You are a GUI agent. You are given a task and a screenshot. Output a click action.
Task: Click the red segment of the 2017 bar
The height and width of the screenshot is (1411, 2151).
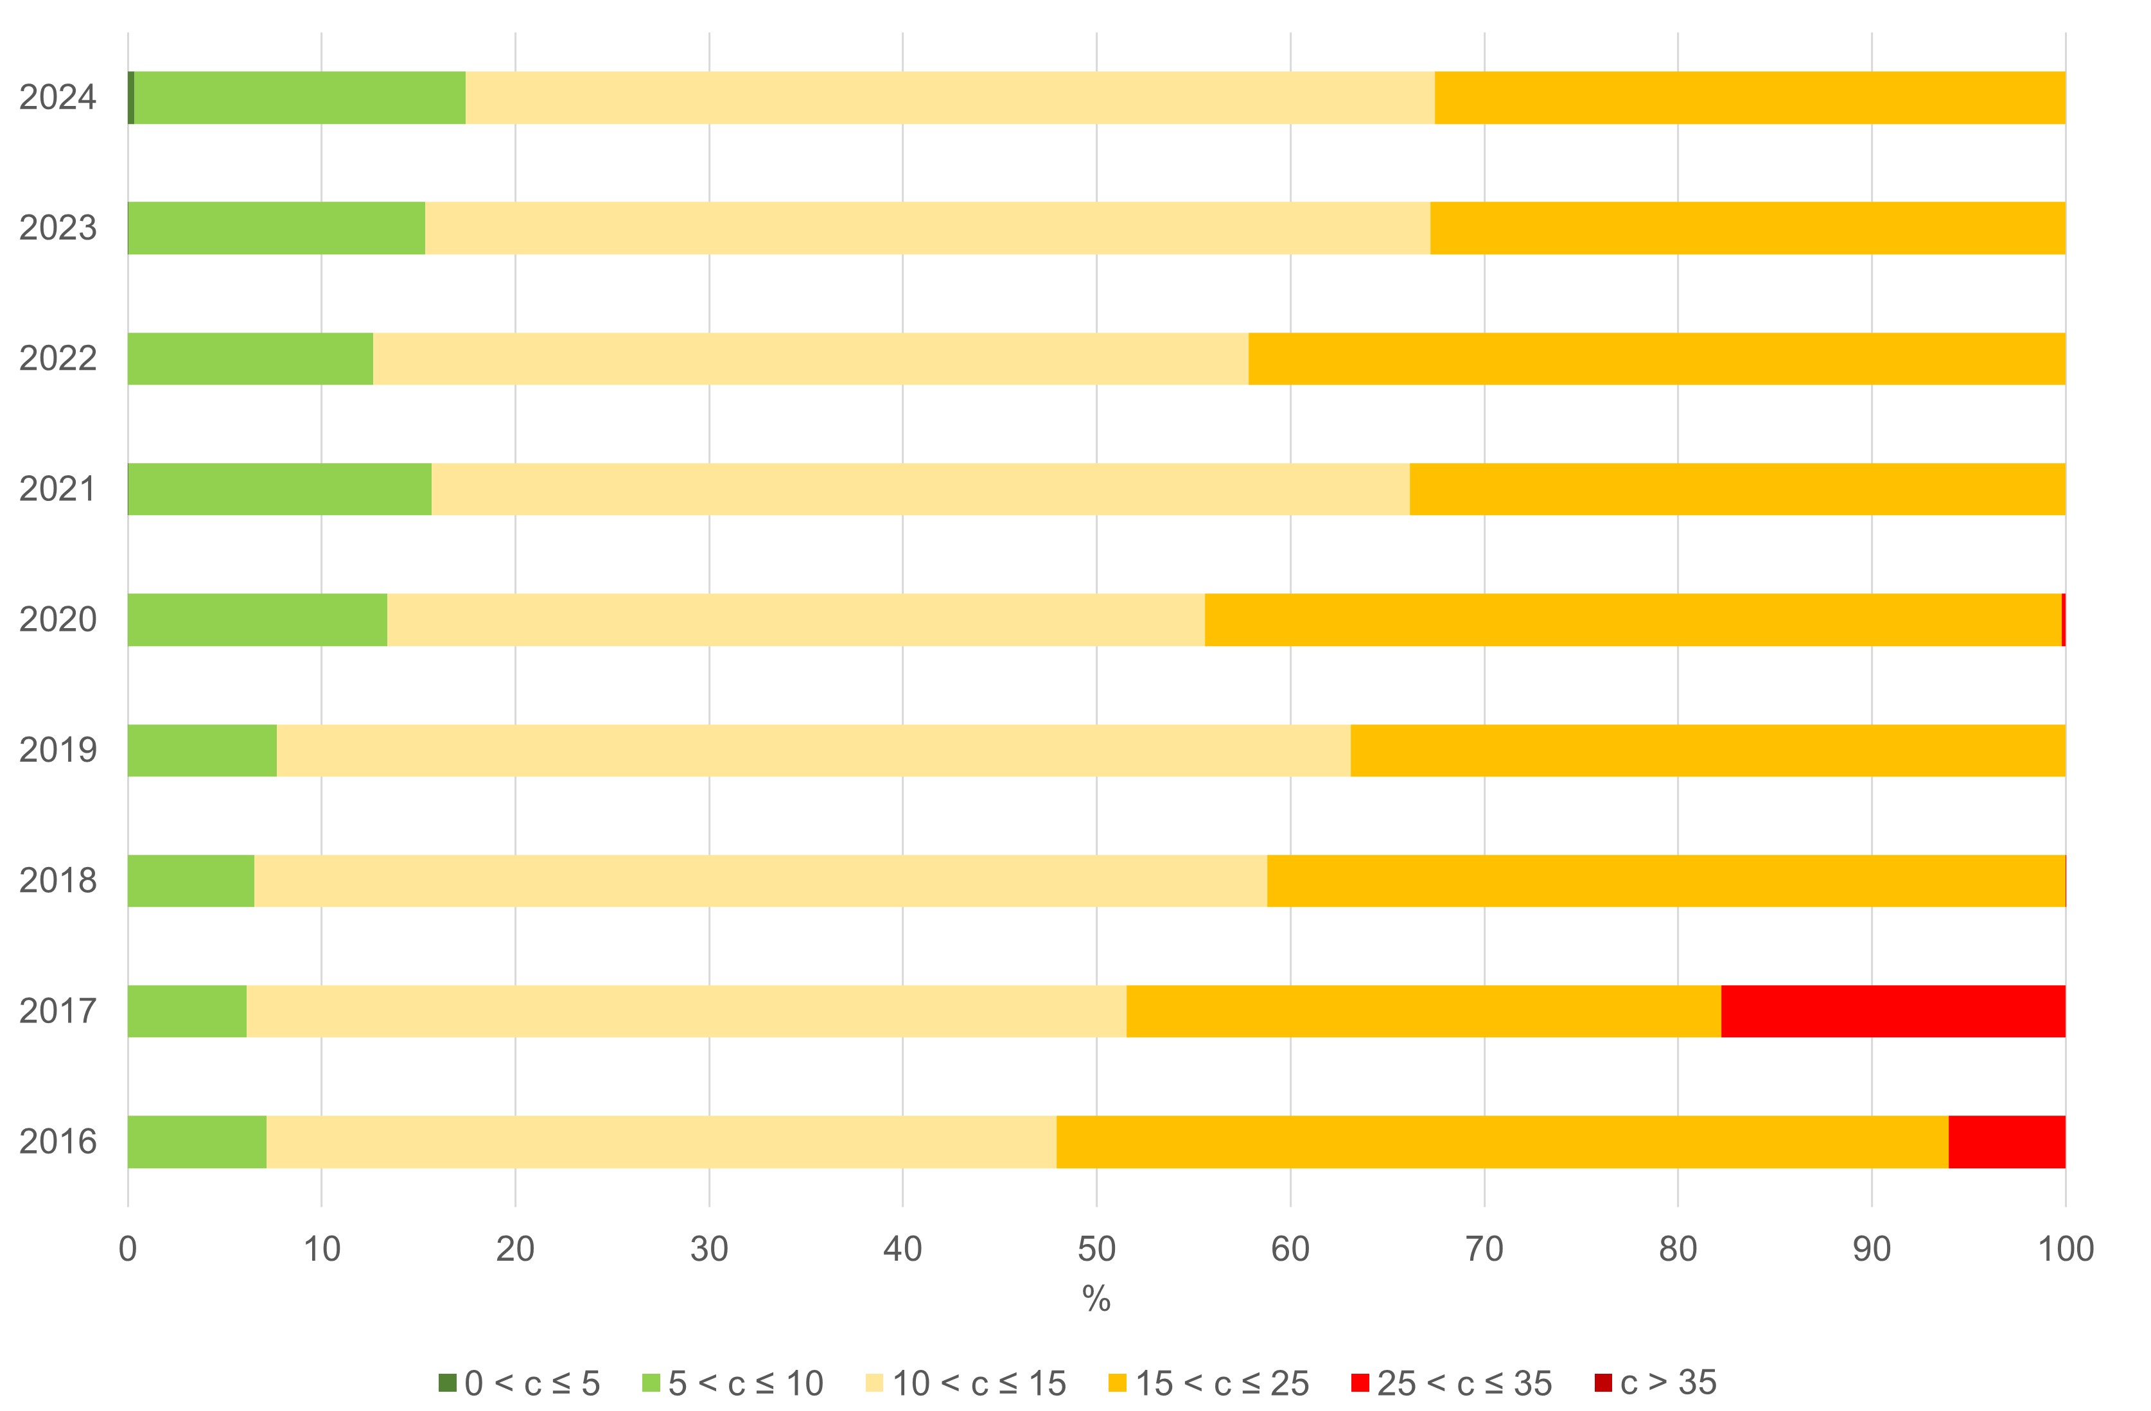coord(1893,1011)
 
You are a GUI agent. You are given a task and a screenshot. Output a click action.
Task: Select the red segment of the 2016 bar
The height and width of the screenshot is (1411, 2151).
coord(2006,1142)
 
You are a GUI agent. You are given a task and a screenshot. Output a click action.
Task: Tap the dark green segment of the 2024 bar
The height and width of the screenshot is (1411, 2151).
coord(131,97)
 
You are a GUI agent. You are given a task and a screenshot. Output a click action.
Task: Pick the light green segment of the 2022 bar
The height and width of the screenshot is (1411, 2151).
coord(250,359)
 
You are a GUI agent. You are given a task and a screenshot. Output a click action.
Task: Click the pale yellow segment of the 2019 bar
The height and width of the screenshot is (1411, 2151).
coord(813,750)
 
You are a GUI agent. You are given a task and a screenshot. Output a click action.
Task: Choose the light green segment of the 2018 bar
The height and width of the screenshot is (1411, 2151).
coord(191,881)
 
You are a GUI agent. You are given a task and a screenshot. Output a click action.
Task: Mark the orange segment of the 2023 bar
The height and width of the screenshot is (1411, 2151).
coord(1747,228)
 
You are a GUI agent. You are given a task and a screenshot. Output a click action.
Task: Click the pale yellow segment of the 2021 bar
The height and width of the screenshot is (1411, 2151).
coord(920,489)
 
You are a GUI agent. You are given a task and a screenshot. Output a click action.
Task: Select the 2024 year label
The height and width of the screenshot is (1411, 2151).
coord(58,98)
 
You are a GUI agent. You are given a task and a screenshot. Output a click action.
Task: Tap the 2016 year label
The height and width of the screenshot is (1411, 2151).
coord(58,1142)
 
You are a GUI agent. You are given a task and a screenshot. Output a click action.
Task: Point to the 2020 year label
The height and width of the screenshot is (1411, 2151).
coord(58,620)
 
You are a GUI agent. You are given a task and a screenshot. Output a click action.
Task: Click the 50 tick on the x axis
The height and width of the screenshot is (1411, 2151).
coord(1096,1249)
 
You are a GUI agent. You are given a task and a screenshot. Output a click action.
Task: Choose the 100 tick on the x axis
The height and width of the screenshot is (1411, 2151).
coord(2065,1249)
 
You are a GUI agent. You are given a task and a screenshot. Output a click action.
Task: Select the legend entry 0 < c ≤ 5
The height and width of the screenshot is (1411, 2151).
coord(520,1383)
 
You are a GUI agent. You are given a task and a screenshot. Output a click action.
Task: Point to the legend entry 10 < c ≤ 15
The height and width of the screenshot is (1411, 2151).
coord(966,1383)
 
